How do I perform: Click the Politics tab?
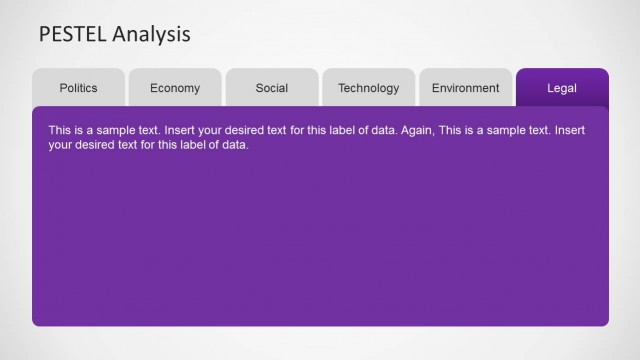pyautogui.click(x=78, y=88)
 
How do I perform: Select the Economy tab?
pyautogui.click(x=175, y=88)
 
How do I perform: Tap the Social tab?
pyautogui.click(x=272, y=88)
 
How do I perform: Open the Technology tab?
pyautogui.click(x=368, y=88)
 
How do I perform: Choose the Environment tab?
pyautogui.click(x=465, y=88)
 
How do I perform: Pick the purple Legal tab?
pyautogui.click(x=562, y=88)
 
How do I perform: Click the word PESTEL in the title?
pyautogui.click(x=73, y=35)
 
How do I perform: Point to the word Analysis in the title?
pyautogui.click(x=151, y=35)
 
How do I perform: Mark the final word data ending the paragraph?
pyautogui.click(x=233, y=145)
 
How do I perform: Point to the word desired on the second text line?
pyautogui.click(x=99, y=145)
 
